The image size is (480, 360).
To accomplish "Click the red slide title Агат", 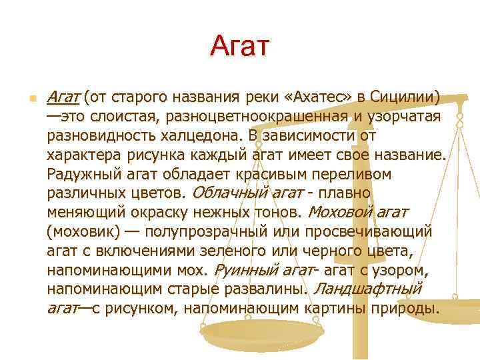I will coord(239,46).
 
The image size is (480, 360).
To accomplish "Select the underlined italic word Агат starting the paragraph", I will coord(63,97).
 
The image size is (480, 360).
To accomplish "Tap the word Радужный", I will coord(81,174).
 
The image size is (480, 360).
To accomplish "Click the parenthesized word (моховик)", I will coord(83,232).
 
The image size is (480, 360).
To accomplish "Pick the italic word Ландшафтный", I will coord(368,290).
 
